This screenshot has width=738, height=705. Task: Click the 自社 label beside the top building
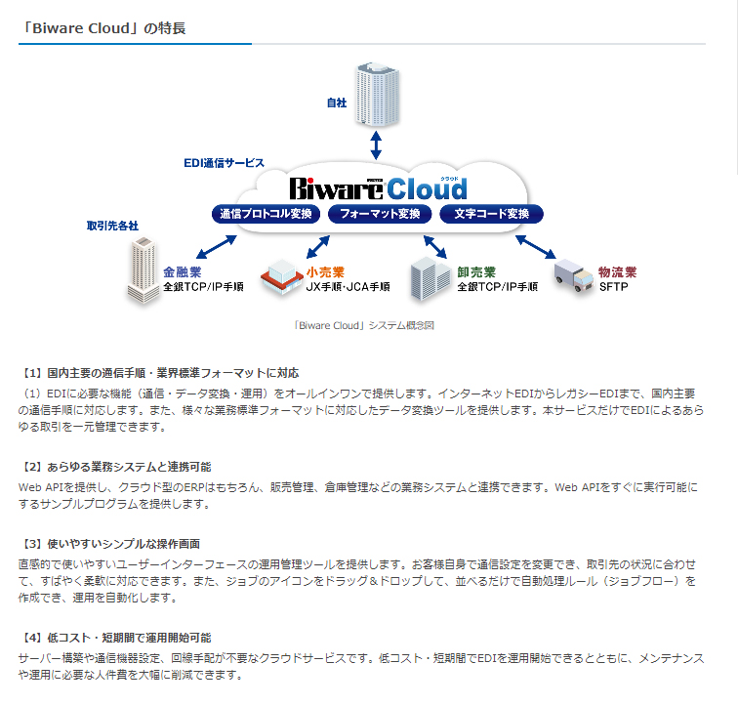click(x=337, y=103)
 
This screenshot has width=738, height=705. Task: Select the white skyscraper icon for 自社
click(x=378, y=94)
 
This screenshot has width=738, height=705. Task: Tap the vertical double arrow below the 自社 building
click(x=376, y=145)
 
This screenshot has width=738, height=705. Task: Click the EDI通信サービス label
click(x=225, y=163)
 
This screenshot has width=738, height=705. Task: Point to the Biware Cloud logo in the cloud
click(x=379, y=188)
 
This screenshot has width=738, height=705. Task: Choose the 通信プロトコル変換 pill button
click(x=266, y=214)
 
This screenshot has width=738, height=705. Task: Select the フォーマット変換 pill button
click(x=380, y=214)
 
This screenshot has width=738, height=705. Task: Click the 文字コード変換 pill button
click(x=491, y=214)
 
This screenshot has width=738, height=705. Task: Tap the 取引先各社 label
click(x=112, y=226)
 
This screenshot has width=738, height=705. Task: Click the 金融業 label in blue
click(x=183, y=272)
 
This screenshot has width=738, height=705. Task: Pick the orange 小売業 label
click(x=325, y=272)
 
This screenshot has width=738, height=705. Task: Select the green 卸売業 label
click(x=476, y=272)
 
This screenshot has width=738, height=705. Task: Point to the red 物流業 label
click(x=618, y=272)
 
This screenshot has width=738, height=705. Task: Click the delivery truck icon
click(x=574, y=277)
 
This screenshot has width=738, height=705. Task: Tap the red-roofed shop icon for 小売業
click(x=282, y=277)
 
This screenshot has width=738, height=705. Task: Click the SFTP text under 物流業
click(x=614, y=287)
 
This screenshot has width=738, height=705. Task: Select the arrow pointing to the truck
click(x=536, y=247)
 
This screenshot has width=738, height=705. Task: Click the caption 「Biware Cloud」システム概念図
click(x=363, y=325)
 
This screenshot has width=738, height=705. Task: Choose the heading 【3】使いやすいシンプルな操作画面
click(x=111, y=544)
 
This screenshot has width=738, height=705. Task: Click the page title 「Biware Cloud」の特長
click(x=102, y=28)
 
